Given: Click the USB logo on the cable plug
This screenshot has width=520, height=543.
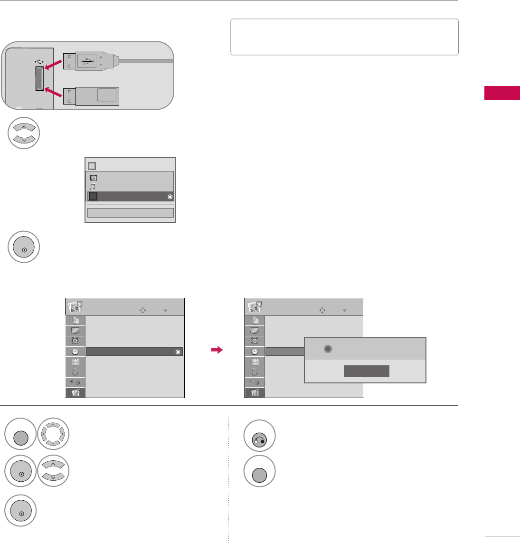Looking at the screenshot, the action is tap(87, 61).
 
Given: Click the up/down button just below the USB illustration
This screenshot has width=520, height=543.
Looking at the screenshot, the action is tap(23, 133).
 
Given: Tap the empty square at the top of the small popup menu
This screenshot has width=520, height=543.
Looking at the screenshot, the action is tap(92, 166).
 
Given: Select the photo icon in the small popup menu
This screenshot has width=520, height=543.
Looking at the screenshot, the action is tap(94, 178).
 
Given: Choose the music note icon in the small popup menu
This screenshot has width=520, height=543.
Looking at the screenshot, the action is tap(93, 187).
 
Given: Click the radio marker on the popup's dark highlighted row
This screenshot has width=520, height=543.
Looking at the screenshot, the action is tap(170, 197).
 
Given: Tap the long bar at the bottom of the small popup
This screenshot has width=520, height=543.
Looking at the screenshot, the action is tap(130, 213).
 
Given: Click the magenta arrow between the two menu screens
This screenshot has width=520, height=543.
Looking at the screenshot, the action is tap(217, 351).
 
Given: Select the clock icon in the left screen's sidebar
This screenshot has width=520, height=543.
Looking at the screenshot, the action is tap(76, 352).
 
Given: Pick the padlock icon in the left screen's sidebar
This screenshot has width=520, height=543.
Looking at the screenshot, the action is tap(76, 372).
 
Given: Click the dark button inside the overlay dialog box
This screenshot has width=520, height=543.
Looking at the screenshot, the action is tap(367, 372).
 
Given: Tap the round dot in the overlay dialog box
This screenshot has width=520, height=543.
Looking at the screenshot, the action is tap(327, 349).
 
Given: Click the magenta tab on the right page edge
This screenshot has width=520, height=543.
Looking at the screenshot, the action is tap(502, 93).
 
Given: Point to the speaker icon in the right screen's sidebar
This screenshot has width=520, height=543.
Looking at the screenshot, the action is tap(255, 341).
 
